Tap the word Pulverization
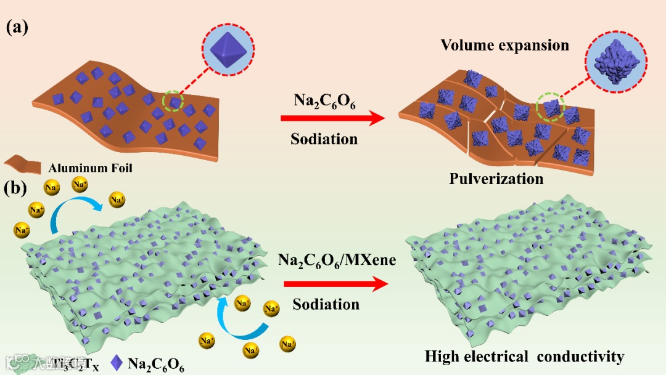[496, 179]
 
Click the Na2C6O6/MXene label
[337, 260]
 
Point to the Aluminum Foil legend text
[91, 167]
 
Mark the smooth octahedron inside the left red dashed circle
[228, 49]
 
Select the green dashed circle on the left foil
[173, 101]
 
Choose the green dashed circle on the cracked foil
[551, 108]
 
